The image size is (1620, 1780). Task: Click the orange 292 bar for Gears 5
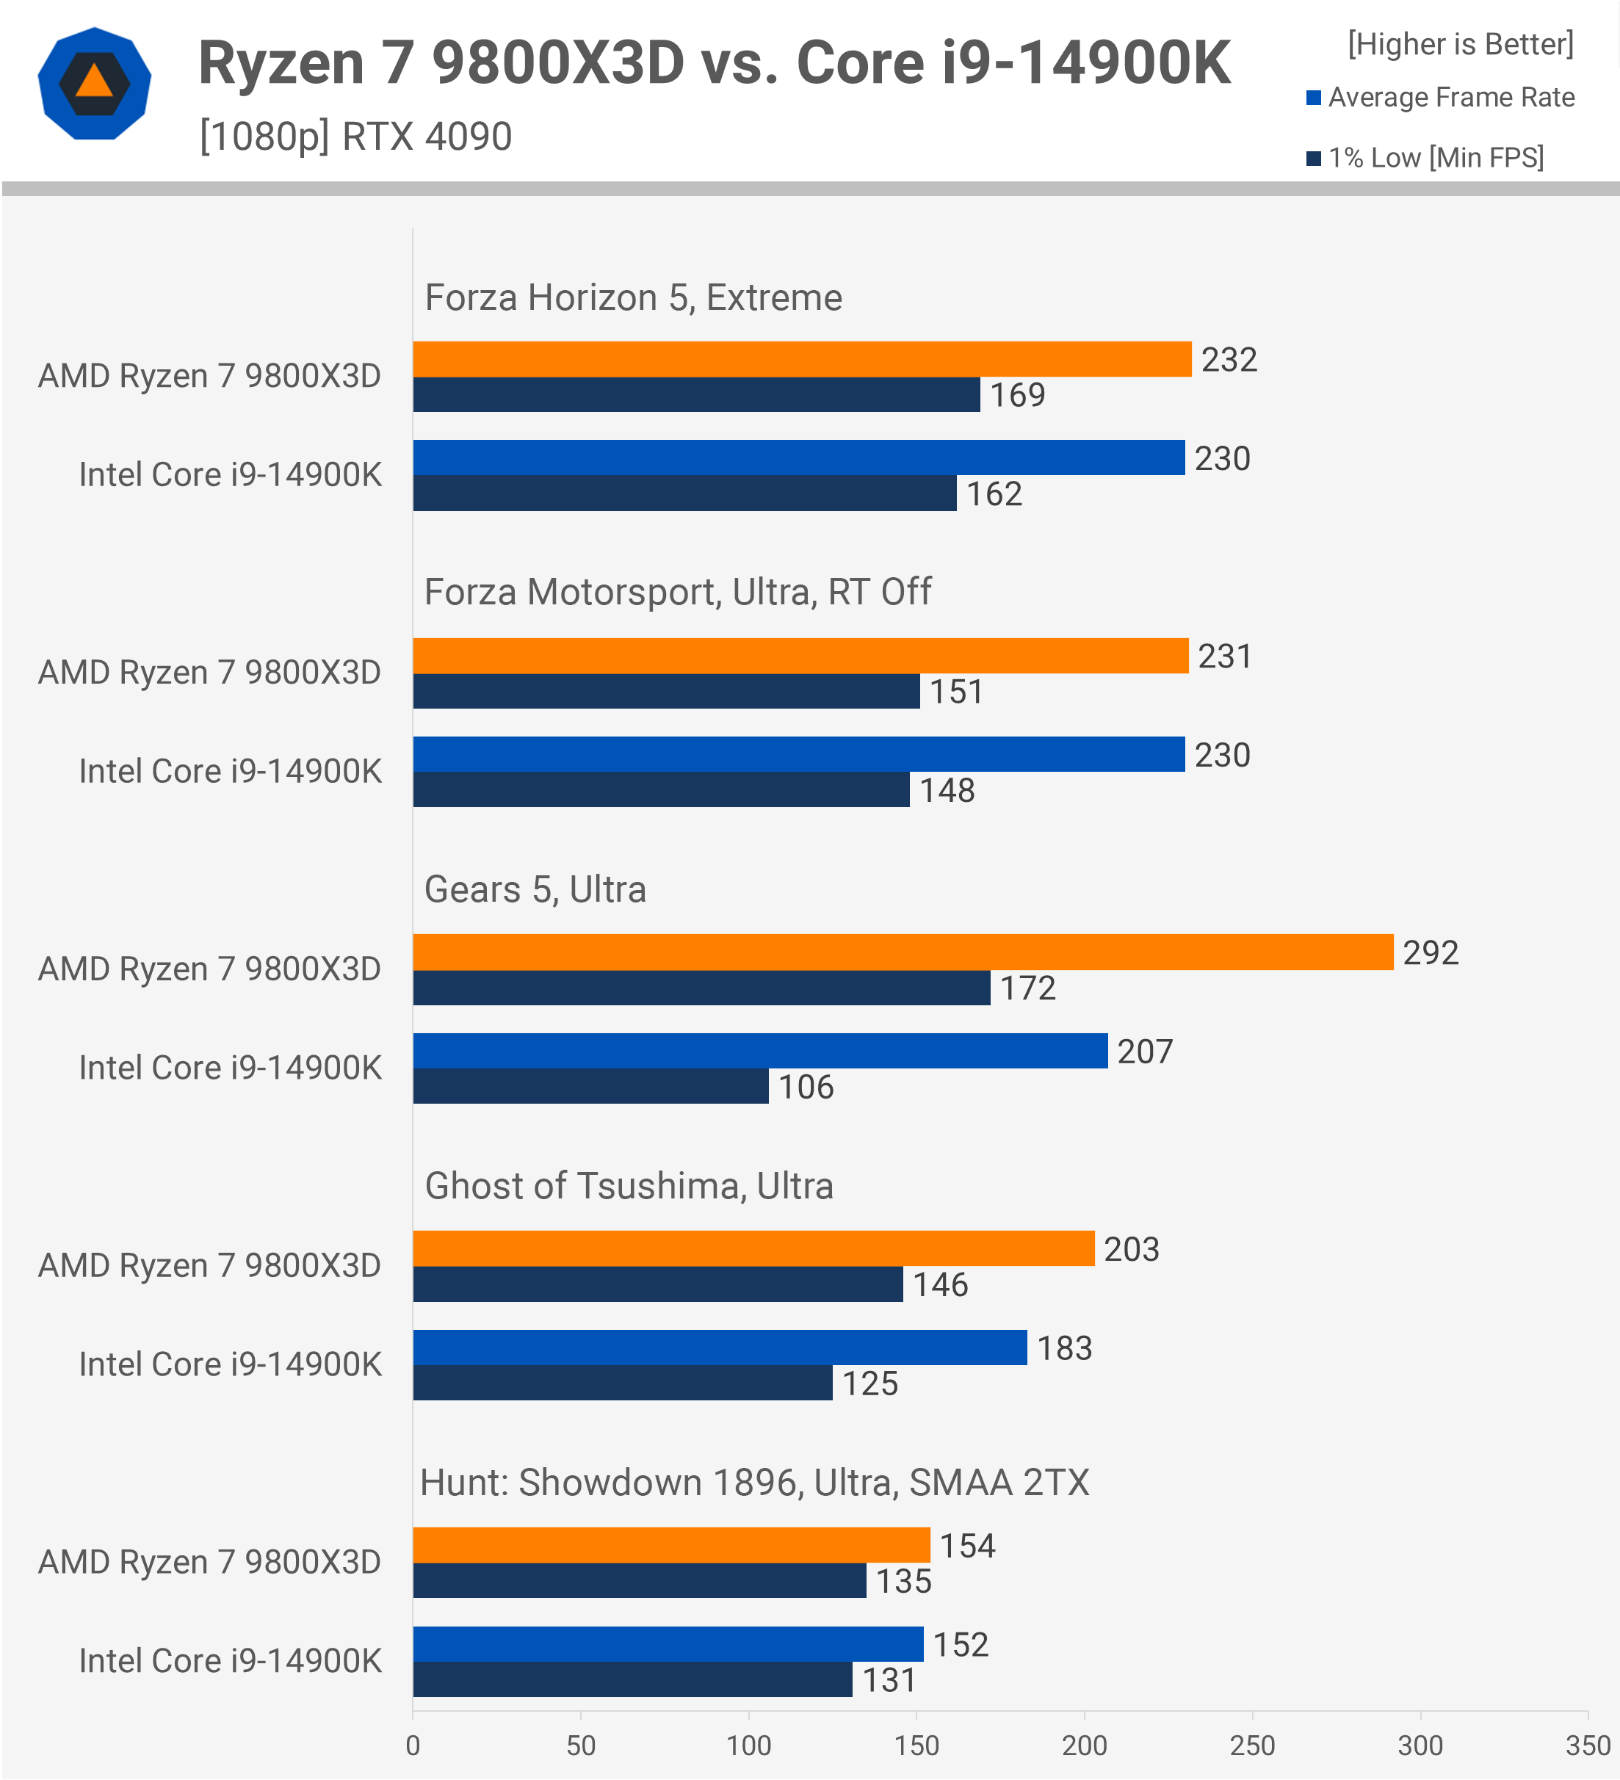tap(903, 952)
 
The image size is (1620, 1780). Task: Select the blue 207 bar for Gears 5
tap(759, 1051)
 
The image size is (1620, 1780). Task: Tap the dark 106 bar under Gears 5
tap(590, 1086)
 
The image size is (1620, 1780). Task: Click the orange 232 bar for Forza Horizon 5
tap(802, 359)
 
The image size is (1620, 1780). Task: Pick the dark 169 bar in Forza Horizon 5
tap(695, 394)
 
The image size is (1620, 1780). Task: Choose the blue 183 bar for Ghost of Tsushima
tap(720, 1347)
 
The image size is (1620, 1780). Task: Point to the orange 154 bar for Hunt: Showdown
tap(671, 1545)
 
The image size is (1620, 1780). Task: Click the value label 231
tap(1224, 656)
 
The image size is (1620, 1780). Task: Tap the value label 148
tap(947, 790)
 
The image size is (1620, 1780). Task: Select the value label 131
tap(889, 1680)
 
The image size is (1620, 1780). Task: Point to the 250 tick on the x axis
tap(1252, 1745)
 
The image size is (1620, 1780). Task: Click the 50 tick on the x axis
tap(580, 1745)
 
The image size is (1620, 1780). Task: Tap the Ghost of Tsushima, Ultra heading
tap(629, 1186)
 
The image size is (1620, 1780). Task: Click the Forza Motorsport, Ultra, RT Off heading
tap(677, 592)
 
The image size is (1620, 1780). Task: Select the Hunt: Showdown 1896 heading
tap(754, 1483)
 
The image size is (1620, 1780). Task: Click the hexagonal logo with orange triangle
tap(95, 84)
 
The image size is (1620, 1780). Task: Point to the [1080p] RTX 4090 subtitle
tap(355, 137)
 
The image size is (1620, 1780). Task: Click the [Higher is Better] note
tap(1460, 44)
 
